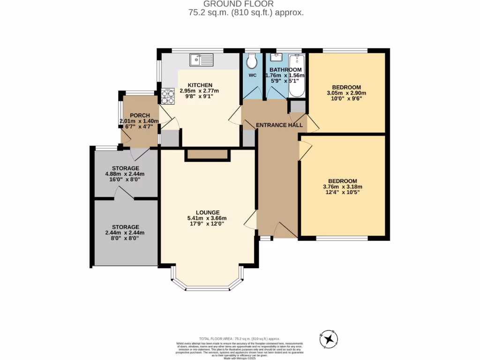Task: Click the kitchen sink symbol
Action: click(x=201, y=60)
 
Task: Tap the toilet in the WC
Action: click(x=252, y=61)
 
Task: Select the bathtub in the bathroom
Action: click(x=297, y=75)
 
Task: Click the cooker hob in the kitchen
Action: click(x=167, y=96)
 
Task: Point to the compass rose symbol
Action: click(x=329, y=338)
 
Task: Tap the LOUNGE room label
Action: click(x=208, y=212)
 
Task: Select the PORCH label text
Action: click(x=140, y=115)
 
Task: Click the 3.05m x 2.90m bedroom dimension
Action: click(x=346, y=93)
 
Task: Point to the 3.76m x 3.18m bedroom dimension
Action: click(x=342, y=187)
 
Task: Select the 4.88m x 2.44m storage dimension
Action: click(x=125, y=174)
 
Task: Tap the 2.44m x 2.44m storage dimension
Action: click(x=125, y=232)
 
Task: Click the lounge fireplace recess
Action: click(x=208, y=155)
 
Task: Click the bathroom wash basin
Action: click(x=275, y=58)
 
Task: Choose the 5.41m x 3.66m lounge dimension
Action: click(x=207, y=218)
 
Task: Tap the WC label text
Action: click(x=253, y=75)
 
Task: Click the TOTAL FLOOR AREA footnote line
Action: click(x=240, y=338)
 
